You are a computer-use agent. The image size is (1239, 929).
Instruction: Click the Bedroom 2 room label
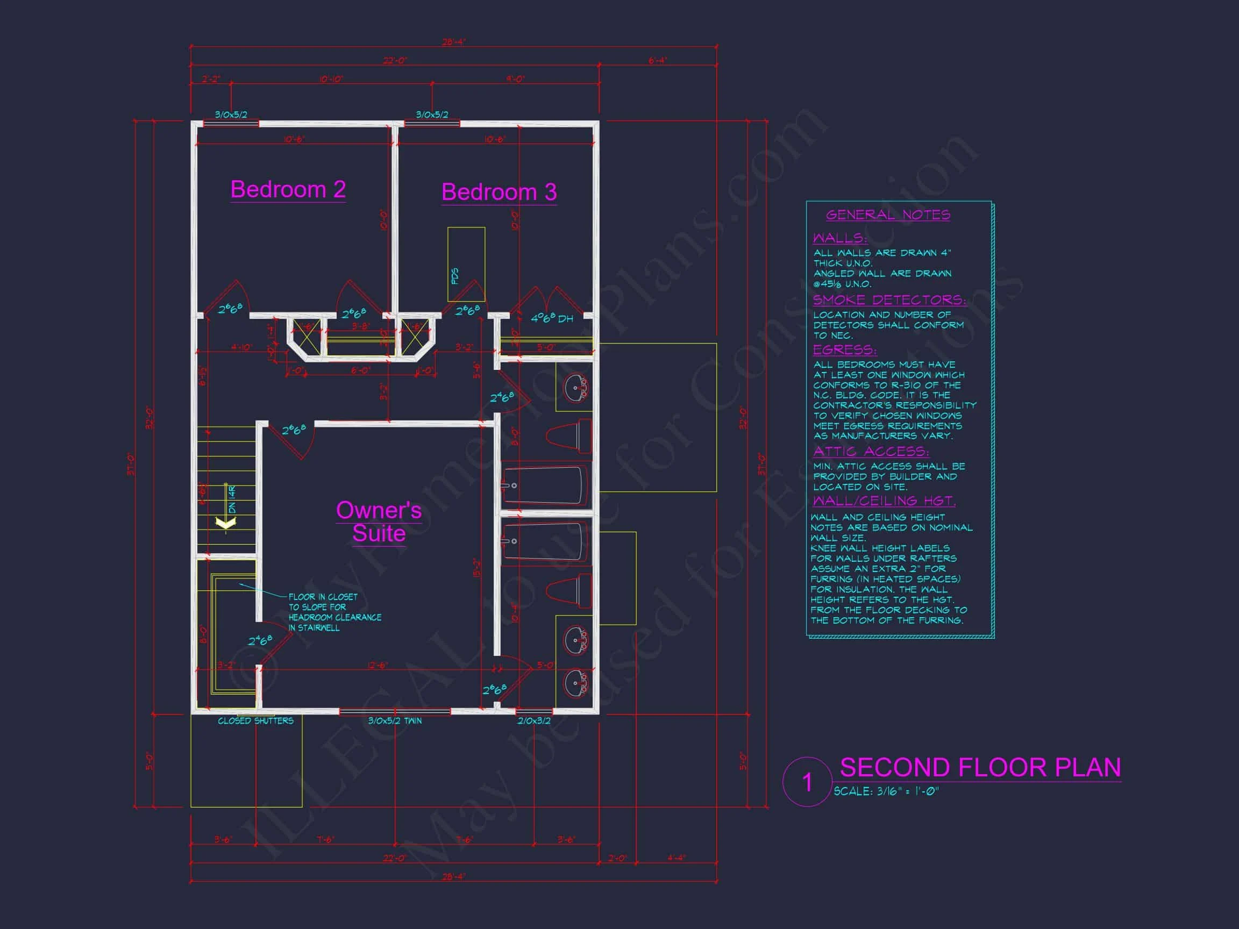tap(288, 189)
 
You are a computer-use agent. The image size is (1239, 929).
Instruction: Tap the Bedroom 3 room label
tap(499, 192)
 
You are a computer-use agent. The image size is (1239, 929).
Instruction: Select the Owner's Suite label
tap(379, 521)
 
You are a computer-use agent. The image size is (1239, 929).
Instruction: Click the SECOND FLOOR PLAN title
tap(980, 767)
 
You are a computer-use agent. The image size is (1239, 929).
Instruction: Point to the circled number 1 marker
tap(807, 782)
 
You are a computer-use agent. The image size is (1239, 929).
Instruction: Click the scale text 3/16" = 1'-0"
tap(886, 791)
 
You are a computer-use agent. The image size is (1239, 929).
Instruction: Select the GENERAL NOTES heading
tap(888, 215)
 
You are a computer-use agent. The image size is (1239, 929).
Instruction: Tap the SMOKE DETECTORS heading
tap(889, 299)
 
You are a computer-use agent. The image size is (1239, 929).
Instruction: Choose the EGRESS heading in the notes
tap(845, 349)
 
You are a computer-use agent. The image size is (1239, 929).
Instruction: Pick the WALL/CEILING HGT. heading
tap(884, 500)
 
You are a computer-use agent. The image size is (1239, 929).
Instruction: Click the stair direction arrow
tap(226, 523)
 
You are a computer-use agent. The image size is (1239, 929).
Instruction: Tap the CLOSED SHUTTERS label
tap(255, 721)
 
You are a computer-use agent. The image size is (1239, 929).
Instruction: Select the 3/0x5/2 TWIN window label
tap(395, 721)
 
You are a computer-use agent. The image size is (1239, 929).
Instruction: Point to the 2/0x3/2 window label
tap(534, 721)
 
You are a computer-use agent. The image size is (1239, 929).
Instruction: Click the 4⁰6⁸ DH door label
tap(552, 318)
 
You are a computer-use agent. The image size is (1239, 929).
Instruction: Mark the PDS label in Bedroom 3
tap(455, 275)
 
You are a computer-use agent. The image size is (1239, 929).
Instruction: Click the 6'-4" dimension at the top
tap(658, 60)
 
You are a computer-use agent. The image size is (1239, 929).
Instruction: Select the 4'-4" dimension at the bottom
tap(676, 858)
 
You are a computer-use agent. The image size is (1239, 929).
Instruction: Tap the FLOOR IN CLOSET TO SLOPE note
tap(334, 612)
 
